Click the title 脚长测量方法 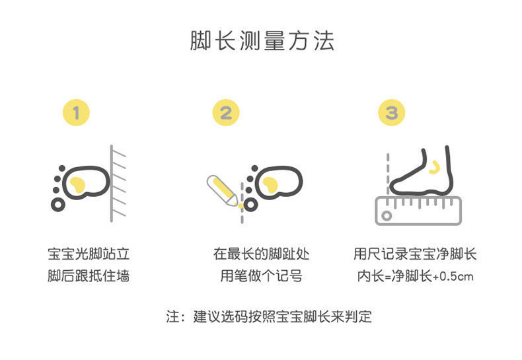pos(262,41)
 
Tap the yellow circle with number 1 pos(76,113)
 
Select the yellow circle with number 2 pos(226,113)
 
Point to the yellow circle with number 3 pos(391,113)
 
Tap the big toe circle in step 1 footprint pos(58,205)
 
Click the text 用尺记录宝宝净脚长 pos(415,254)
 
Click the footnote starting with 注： pos(268,316)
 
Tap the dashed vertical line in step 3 pos(387,172)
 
